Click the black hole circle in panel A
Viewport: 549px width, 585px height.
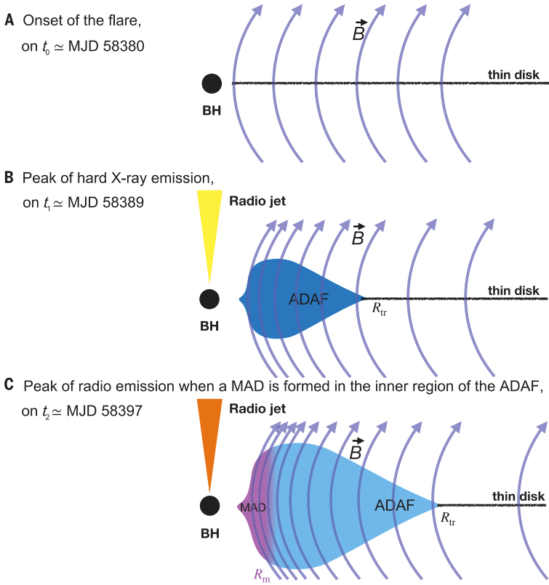pos(212,83)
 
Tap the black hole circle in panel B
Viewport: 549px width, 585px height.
pos(209,298)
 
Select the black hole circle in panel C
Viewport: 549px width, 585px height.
pos(209,505)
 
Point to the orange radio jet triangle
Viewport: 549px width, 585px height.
pos(209,436)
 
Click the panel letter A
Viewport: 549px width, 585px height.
pos(9,21)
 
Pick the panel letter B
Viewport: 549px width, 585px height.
pos(9,177)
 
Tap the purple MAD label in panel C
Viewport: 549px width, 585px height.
pos(252,506)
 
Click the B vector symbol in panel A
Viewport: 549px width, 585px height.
pos(358,31)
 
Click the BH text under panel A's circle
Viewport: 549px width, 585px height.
pos(212,111)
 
